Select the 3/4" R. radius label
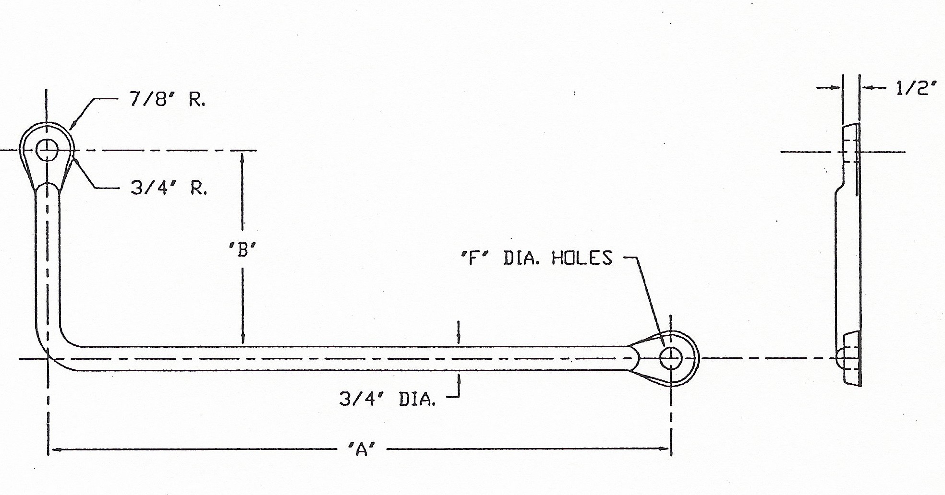169,188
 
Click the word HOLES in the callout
582,258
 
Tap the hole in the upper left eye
48,150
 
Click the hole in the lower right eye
670,358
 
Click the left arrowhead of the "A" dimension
54,449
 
